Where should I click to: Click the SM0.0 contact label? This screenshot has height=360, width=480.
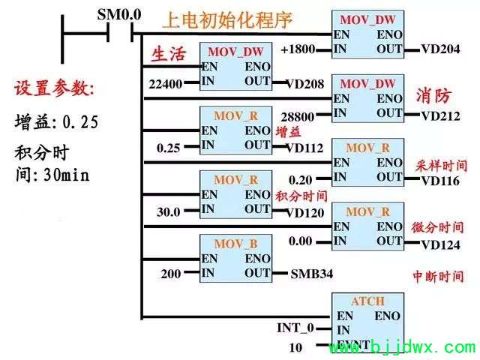pos(119,14)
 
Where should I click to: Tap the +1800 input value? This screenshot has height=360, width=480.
pos(298,49)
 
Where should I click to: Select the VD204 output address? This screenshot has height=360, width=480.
pos(440,49)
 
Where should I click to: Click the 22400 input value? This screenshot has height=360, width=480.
pos(166,84)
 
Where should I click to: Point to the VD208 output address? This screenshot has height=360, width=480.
pos(304,84)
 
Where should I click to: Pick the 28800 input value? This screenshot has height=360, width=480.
pos(298,117)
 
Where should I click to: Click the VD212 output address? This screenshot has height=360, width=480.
pos(440,116)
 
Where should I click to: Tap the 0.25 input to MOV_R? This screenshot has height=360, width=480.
pos(168,148)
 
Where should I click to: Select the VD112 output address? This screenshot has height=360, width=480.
pos(304,148)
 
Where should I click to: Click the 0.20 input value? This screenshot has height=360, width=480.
pos(300,180)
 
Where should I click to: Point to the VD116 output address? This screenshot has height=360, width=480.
pos(440,181)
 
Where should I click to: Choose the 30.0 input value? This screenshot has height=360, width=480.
pos(168,211)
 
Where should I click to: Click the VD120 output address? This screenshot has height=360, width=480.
pos(304,213)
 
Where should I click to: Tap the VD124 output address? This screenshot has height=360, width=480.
pos(440,245)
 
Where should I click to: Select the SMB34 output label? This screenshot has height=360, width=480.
pos(312,274)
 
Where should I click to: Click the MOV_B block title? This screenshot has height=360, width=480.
pos(235,244)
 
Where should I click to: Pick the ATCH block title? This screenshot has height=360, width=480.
pos(367,301)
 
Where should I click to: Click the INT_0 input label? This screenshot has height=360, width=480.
pos(295,328)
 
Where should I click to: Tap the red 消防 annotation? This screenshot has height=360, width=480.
pos(433,96)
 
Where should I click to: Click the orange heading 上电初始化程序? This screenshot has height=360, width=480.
pos(227,20)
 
